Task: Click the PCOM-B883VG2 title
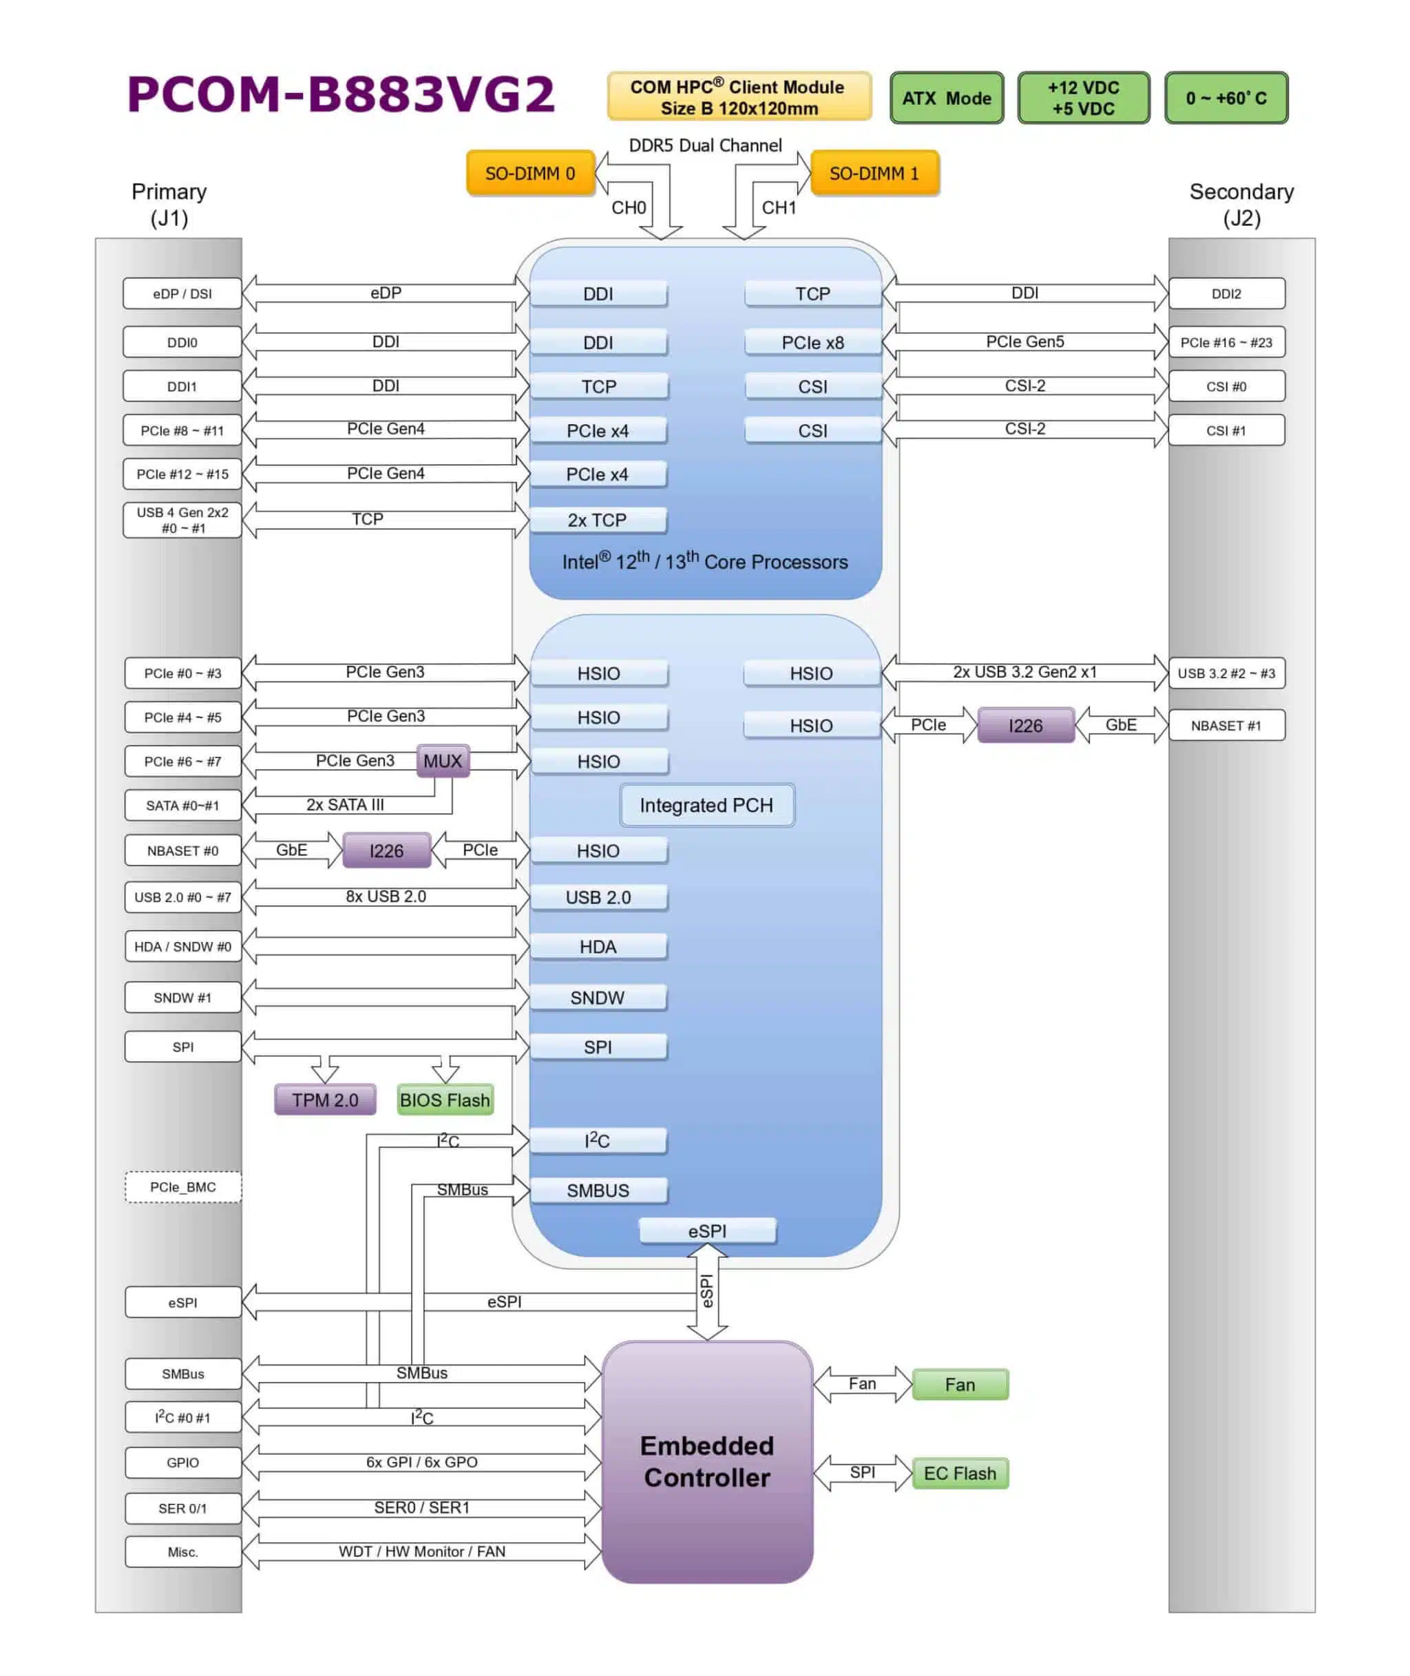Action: coord(341,94)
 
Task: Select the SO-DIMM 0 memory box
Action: coord(530,174)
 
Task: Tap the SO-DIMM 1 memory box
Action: coord(874,174)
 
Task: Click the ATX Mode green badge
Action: coord(947,98)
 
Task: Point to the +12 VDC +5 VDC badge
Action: coord(1083,98)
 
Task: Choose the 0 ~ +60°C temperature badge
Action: coord(1225,98)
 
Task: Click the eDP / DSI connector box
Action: coord(182,293)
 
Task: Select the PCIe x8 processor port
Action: coord(812,342)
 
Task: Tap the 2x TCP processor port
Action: coord(597,521)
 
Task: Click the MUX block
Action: coord(442,761)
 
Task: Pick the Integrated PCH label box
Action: coord(706,805)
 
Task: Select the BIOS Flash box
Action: coord(445,1100)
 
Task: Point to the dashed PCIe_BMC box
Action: coord(182,1187)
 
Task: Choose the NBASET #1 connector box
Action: coord(1225,726)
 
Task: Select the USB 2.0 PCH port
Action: coord(598,897)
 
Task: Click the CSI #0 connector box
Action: coord(1225,387)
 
